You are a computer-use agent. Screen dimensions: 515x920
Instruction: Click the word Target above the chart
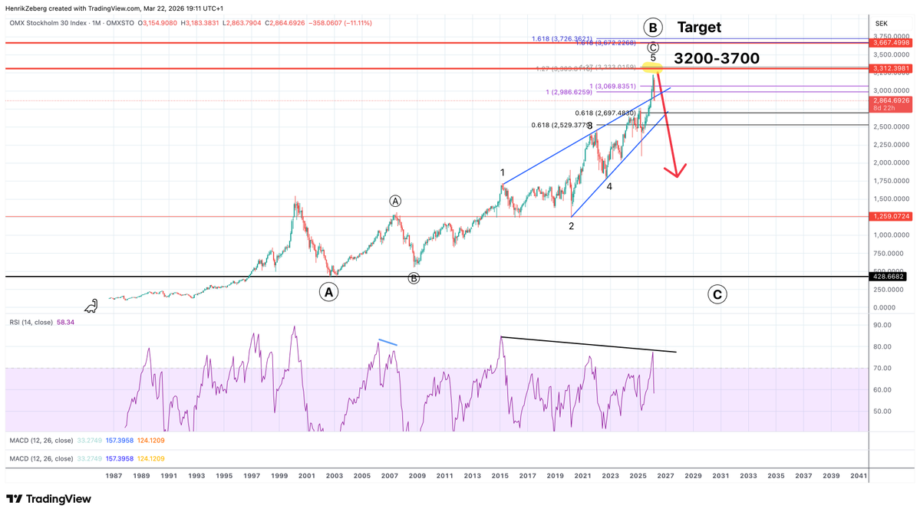click(x=699, y=28)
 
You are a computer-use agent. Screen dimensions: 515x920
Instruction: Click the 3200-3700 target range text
click(x=717, y=58)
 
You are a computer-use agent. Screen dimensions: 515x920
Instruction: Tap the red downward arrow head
click(x=676, y=171)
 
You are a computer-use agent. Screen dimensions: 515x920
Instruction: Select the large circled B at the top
click(x=653, y=28)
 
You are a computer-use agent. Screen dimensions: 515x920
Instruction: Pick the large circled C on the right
click(x=717, y=294)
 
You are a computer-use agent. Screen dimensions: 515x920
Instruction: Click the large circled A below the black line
click(x=328, y=292)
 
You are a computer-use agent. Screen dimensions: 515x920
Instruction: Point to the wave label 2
click(x=571, y=226)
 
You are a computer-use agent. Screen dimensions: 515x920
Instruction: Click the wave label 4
click(x=609, y=186)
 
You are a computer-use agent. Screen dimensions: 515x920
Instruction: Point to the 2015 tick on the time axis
click(x=500, y=476)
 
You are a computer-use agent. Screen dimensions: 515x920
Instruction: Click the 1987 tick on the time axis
click(x=114, y=476)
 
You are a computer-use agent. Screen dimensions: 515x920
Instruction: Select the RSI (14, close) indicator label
click(x=31, y=323)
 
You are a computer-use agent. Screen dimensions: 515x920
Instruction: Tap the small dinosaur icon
click(x=91, y=306)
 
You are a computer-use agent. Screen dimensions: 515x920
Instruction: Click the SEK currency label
click(x=881, y=24)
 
